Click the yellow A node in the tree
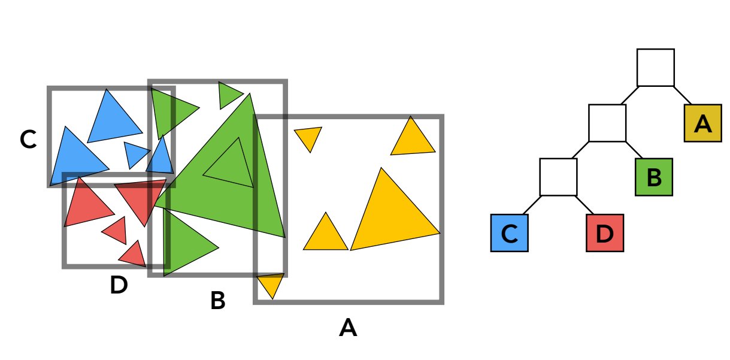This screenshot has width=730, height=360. point(702,123)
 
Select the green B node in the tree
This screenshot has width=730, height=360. point(654,177)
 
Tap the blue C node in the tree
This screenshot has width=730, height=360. point(509,233)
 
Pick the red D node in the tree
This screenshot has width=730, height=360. point(605,233)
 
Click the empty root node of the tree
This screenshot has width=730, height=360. point(655,68)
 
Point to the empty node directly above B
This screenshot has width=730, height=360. point(607,123)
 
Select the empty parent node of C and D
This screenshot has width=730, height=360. point(558,177)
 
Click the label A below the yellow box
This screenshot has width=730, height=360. point(348,328)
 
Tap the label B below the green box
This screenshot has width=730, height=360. point(217,301)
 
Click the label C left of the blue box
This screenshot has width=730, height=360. point(28,140)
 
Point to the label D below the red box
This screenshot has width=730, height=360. point(119,286)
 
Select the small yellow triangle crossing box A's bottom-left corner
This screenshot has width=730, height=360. point(271,283)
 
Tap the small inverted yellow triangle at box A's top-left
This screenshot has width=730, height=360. point(309,137)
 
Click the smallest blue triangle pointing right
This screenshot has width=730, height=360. point(135,153)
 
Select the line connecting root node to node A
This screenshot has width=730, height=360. point(683,96)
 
